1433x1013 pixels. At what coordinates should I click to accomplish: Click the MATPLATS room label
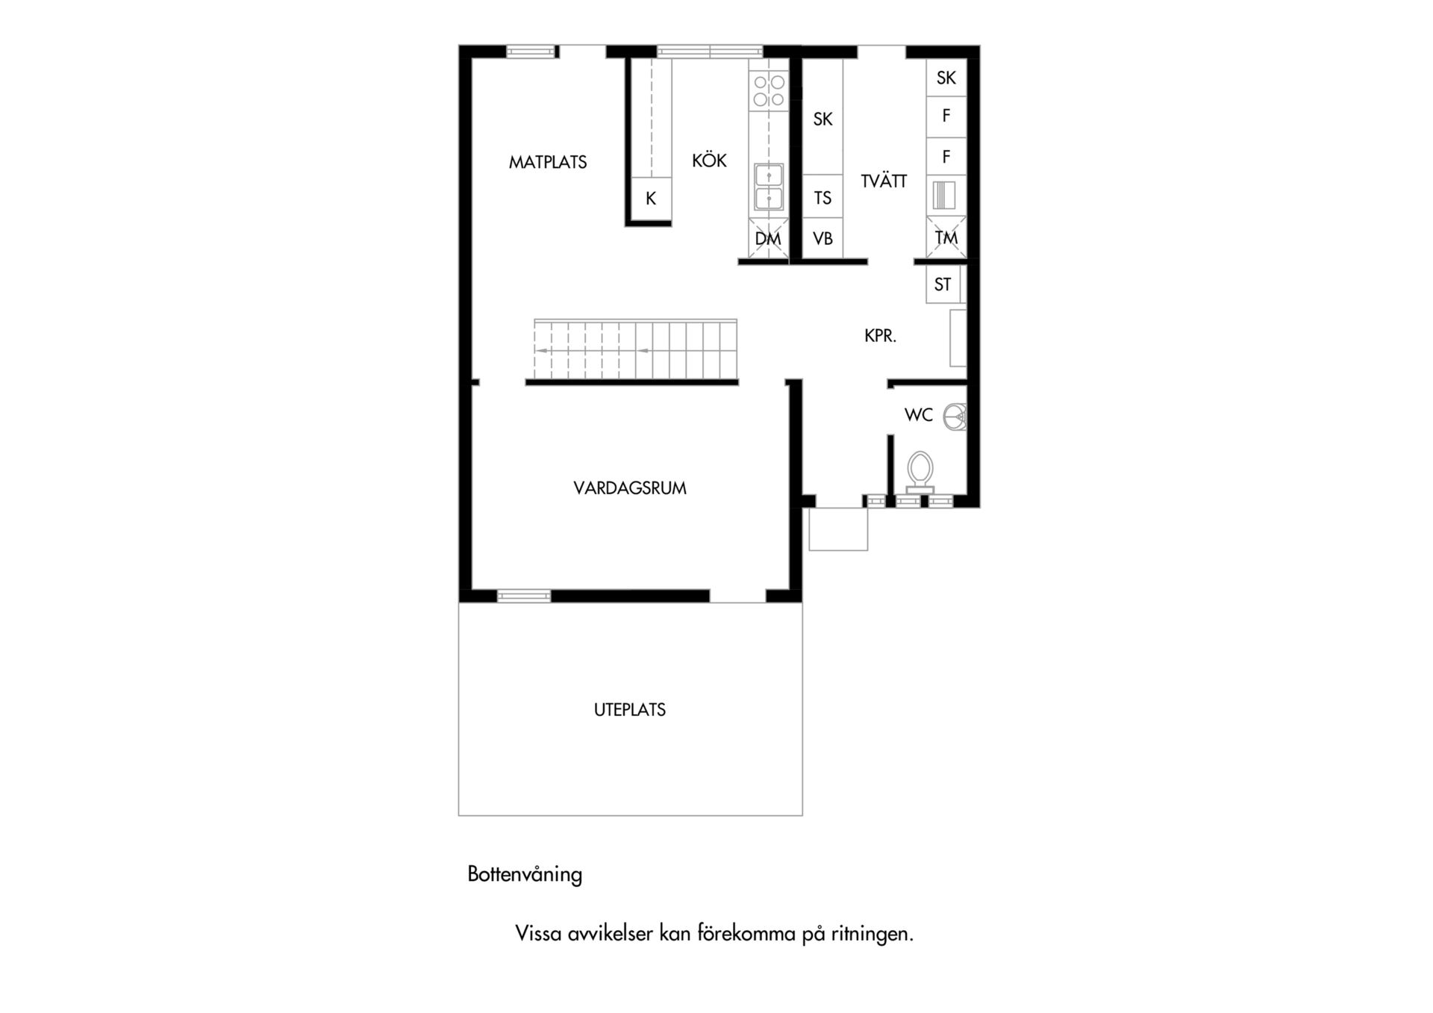click(548, 162)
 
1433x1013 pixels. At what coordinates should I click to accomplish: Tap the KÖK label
click(709, 160)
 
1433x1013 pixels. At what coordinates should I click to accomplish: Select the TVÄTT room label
click(884, 181)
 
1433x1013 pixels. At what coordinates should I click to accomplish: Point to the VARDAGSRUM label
click(630, 488)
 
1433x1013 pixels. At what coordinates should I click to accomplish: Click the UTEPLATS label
click(630, 710)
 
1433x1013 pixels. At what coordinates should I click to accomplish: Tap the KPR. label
click(880, 336)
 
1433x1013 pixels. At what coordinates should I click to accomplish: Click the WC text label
click(919, 415)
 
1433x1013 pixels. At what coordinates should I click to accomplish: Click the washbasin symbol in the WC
click(955, 417)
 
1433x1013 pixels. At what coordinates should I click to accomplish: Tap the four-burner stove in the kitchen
click(769, 90)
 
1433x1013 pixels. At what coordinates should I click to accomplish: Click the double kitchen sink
click(769, 187)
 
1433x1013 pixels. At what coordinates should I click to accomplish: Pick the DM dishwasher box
click(768, 239)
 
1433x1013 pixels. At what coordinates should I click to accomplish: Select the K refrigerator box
click(651, 199)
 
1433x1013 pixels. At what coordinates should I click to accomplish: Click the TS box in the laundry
click(822, 197)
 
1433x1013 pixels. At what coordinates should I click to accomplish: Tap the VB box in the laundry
click(822, 239)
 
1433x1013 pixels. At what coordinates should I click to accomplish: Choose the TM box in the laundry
click(946, 238)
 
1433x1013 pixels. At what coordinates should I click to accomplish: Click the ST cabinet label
click(943, 284)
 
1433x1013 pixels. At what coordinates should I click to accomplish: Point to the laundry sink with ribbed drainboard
click(944, 196)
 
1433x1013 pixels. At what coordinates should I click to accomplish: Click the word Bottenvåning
click(525, 874)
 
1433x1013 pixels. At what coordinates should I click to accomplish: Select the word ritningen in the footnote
click(872, 934)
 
